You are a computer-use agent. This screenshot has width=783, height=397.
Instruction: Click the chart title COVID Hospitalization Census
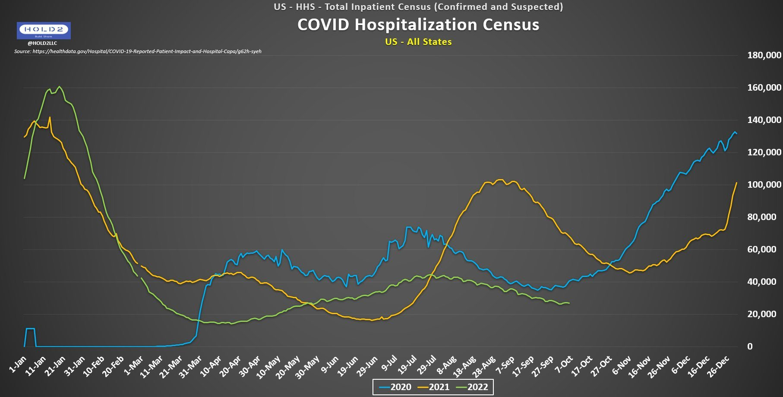pyautogui.click(x=418, y=25)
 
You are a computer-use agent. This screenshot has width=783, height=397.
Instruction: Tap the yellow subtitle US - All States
pyautogui.click(x=418, y=42)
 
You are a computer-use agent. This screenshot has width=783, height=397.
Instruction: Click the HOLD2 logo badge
pyautogui.click(x=44, y=30)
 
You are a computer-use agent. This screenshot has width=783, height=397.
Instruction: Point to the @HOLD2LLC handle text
pyautogui.click(x=42, y=43)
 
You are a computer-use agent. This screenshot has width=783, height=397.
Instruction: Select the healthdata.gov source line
pyautogui.click(x=138, y=51)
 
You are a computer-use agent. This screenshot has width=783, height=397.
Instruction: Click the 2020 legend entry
pyautogui.click(x=395, y=387)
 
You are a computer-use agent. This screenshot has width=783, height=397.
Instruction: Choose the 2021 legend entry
pyautogui.click(x=433, y=387)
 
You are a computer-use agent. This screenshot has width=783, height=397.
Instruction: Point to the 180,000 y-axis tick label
pyautogui.click(x=764, y=55)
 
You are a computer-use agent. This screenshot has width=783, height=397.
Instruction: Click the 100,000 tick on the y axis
pyautogui.click(x=764, y=185)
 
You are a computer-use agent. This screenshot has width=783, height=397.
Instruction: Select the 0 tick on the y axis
pyautogui.click(x=750, y=347)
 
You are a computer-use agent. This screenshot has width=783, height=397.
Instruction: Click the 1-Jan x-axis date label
pyautogui.click(x=18, y=365)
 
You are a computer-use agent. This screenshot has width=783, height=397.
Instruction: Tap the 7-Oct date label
pyautogui.click(x=564, y=365)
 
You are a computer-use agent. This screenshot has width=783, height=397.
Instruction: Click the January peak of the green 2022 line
pyautogui.click(x=60, y=87)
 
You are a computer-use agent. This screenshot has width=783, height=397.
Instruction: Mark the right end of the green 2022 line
pyautogui.click(x=569, y=303)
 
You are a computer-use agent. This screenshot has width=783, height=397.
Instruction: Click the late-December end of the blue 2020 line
pyautogui.click(x=736, y=134)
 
